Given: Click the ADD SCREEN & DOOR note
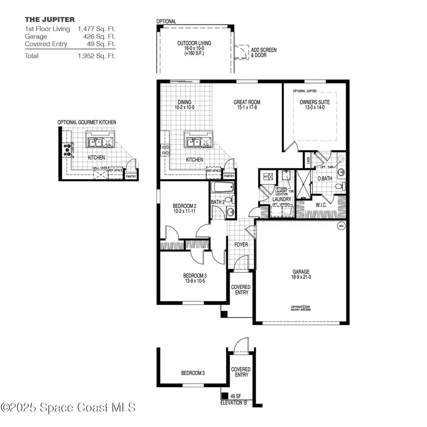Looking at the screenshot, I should [x=264, y=53].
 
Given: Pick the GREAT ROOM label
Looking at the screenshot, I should [x=247, y=102].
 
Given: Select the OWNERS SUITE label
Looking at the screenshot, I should [x=315, y=102].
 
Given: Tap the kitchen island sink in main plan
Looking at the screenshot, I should [x=194, y=142].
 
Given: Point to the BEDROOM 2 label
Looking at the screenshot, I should [x=184, y=206].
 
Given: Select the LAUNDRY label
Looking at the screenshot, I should [x=281, y=199].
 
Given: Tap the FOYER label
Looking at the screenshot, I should [x=241, y=245].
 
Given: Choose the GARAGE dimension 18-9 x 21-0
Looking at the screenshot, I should [x=301, y=277].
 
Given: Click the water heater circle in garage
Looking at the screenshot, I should [x=341, y=226].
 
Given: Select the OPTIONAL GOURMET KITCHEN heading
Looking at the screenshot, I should [x=87, y=122].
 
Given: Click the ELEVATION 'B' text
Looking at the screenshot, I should [x=234, y=402].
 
